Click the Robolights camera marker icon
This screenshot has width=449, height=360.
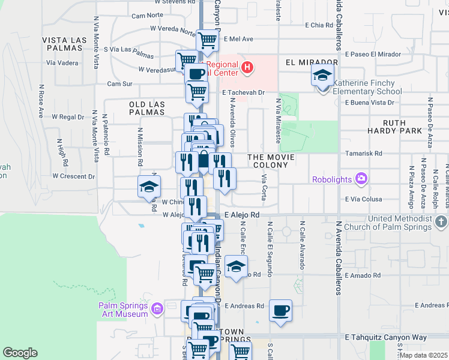[361, 179]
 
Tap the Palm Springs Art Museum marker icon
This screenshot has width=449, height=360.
[157, 310]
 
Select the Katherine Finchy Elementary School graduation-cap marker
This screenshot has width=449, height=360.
[322, 77]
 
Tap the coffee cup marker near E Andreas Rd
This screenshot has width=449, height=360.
[280, 311]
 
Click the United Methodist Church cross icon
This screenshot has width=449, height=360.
[441, 222]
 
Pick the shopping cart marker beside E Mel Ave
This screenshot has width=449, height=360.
[207, 41]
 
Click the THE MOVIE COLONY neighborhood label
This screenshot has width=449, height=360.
[272, 160]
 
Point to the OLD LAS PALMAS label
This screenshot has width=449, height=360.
[147, 108]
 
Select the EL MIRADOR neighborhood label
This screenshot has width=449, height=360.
[312, 62]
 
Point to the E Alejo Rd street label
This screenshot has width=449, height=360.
[241, 214]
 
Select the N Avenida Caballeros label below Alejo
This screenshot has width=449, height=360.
[339, 258]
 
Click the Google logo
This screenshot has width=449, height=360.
[20, 353]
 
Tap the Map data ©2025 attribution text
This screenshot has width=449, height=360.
[423, 355]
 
